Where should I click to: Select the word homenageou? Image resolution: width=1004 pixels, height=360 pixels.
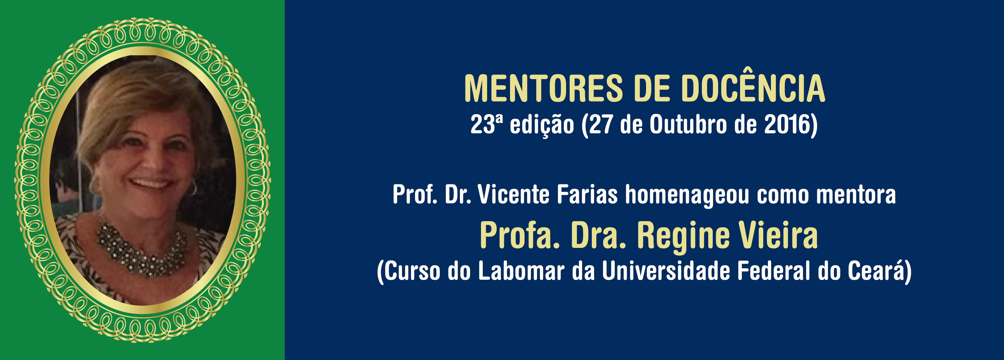687,196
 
